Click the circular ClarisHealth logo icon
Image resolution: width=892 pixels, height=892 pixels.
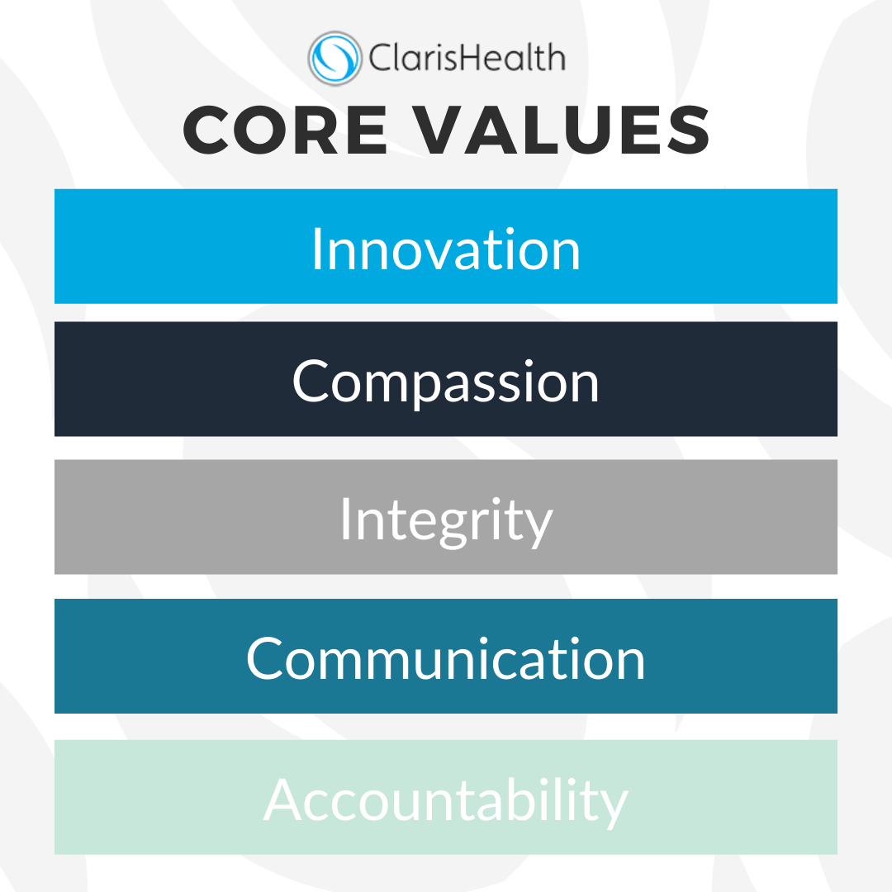(335, 59)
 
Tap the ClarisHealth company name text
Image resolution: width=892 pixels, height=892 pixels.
(467, 58)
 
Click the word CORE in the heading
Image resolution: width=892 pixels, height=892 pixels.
(285, 130)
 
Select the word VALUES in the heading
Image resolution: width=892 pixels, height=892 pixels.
(560, 130)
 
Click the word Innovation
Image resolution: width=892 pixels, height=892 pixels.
(446, 249)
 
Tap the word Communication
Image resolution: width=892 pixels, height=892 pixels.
(446, 658)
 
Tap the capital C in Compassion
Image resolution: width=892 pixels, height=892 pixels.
(311, 381)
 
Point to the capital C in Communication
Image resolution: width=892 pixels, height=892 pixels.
(264, 658)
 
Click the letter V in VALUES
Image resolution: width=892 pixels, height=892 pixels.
(436, 130)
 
